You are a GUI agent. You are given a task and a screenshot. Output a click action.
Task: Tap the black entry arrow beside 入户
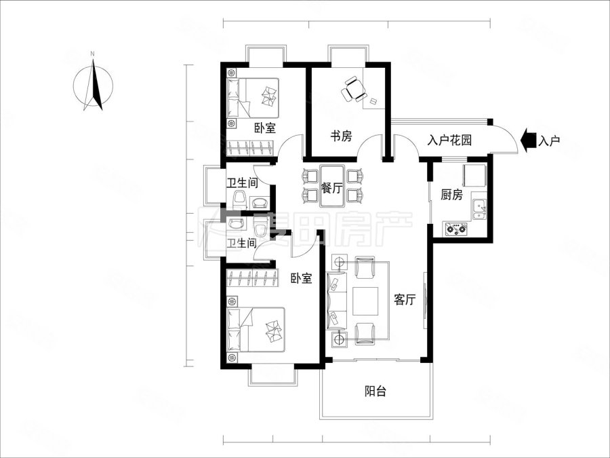(x=528, y=140)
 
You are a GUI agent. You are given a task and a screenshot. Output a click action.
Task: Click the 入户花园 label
(x=450, y=140)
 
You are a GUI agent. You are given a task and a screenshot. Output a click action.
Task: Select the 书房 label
(x=341, y=136)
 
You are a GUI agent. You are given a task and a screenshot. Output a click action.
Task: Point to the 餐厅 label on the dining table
(x=332, y=188)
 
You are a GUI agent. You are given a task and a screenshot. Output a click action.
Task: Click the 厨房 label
(x=451, y=194)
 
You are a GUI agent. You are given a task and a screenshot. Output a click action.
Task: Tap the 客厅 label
(x=405, y=299)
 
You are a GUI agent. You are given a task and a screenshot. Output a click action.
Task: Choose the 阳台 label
(x=375, y=391)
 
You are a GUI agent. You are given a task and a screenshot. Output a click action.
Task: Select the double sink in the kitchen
(x=479, y=209)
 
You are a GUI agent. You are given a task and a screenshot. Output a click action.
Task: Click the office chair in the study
(x=354, y=89)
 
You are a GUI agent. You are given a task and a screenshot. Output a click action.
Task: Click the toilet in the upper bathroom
(x=240, y=199)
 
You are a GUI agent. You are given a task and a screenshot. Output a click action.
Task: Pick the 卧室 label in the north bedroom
(x=265, y=128)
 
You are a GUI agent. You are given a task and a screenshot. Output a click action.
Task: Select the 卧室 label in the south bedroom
(x=302, y=278)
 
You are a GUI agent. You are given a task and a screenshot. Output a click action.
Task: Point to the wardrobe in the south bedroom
(x=253, y=278)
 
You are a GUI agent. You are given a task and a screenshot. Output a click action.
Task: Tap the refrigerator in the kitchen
(x=474, y=175)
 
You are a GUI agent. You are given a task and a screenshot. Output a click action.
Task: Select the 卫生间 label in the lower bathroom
(x=241, y=244)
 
